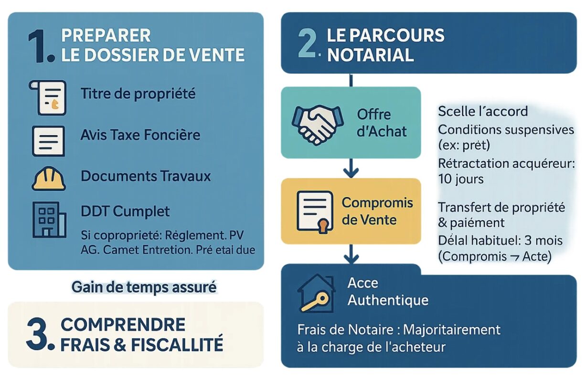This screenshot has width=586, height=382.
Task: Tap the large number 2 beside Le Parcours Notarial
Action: pos(307,44)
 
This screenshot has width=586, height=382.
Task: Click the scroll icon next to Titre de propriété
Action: pos(47,98)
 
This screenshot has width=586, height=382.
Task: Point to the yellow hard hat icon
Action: pos(49,179)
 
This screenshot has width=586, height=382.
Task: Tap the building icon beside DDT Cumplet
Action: pos(49,220)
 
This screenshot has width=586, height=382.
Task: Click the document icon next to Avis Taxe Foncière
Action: pos(48,141)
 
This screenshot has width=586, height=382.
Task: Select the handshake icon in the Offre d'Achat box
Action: pos(318,125)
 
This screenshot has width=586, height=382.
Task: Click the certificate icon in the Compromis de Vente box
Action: pos(315,212)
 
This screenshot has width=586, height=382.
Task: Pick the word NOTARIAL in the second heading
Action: pos(371,55)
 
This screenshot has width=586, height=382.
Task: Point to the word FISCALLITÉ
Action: pos(177,345)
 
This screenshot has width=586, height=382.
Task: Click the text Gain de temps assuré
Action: pos(144,287)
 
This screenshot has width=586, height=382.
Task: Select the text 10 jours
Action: pos(461,179)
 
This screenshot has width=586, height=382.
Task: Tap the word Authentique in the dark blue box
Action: pos(388,300)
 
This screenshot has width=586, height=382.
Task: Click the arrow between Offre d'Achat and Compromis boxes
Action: pos(351,168)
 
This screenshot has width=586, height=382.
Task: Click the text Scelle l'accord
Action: pos(483,111)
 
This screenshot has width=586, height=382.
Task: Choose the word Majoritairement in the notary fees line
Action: pos(452,330)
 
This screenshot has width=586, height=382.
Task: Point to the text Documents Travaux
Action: pos(146,176)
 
